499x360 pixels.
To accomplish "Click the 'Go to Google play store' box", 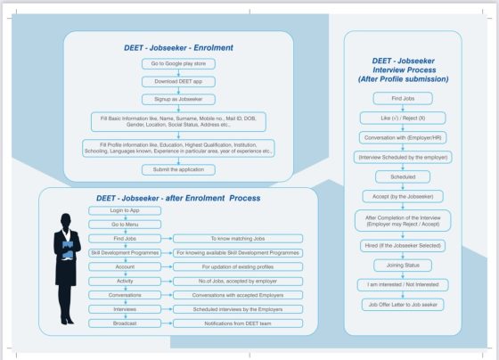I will pyautogui.click(x=178, y=65).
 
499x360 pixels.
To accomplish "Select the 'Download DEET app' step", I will pyautogui.click(x=178, y=82).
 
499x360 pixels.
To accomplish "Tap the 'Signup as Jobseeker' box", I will pyautogui.click(x=178, y=99).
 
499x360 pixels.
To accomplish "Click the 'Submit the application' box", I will pyautogui.click(x=178, y=169).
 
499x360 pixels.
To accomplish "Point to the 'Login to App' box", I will pyautogui.click(x=125, y=210).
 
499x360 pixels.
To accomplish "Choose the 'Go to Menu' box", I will pyautogui.click(x=125, y=225).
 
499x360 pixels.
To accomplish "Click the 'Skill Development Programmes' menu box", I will pyautogui.click(x=125, y=253).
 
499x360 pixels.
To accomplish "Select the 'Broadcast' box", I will pyautogui.click(x=125, y=323).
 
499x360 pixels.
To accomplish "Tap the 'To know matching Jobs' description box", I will pyautogui.click(x=238, y=239).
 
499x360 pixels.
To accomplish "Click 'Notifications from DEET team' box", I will pyautogui.click(x=238, y=323).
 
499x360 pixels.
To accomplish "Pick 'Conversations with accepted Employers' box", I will pyautogui.click(x=238, y=295).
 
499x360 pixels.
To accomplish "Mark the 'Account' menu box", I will pyautogui.click(x=125, y=266).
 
